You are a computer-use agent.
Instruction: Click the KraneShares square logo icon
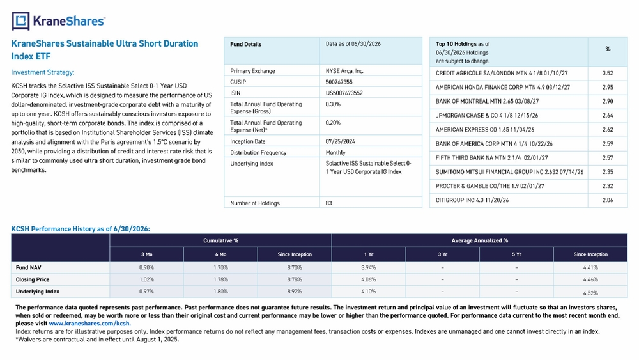(x=21, y=21)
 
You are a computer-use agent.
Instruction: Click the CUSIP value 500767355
(x=339, y=82)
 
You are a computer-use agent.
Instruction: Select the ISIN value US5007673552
(x=344, y=93)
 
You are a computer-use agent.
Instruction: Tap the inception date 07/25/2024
(x=341, y=141)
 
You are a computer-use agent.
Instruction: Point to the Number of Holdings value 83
(x=329, y=203)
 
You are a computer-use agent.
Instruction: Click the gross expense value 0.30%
(x=333, y=104)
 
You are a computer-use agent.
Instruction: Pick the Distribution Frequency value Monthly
(x=335, y=152)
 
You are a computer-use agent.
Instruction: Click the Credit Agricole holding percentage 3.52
(x=608, y=74)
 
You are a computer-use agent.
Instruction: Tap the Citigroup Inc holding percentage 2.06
(x=608, y=200)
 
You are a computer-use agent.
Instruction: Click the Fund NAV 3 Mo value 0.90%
(x=147, y=268)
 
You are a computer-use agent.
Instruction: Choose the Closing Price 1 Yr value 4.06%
(x=369, y=279)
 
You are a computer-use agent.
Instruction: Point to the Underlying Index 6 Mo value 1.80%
(x=220, y=292)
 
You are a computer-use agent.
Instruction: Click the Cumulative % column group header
(x=220, y=240)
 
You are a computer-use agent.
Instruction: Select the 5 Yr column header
(x=516, y=254)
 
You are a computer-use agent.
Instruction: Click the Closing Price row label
(x=33, y=279)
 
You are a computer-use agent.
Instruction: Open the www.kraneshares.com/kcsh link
(x=89, y=324)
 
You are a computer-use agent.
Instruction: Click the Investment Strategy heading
(x=43, y=72)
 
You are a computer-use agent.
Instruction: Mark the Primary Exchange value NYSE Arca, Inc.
(x=344, y=71)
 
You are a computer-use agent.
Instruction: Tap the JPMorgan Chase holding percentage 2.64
(x=608, y=115)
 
